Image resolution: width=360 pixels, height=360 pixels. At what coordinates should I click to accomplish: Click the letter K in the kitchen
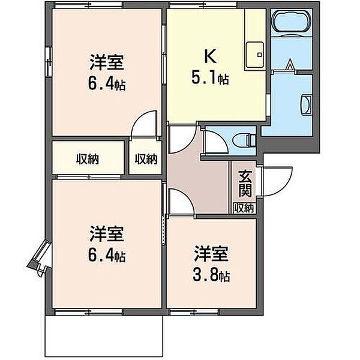coord(211,56)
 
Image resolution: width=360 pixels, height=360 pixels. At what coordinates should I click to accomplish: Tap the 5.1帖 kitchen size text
coord(210,79)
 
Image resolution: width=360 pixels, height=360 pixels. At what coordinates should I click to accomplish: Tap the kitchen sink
coord(254,55)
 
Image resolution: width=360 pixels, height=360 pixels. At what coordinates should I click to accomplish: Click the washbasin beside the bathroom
coord(306,104)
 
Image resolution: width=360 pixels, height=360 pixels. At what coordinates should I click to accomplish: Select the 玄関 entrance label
coord(245,184)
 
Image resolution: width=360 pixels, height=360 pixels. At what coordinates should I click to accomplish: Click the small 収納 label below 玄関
coord(244,208)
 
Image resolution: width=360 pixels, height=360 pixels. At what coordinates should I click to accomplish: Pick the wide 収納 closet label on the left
coord(88,159)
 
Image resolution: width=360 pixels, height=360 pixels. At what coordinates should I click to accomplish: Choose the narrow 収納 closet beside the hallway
coord(146,159)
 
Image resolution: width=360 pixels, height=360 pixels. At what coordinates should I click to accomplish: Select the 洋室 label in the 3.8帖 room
coord(211,254)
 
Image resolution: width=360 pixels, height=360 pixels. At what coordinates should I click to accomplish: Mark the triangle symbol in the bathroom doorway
coord(290,64)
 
